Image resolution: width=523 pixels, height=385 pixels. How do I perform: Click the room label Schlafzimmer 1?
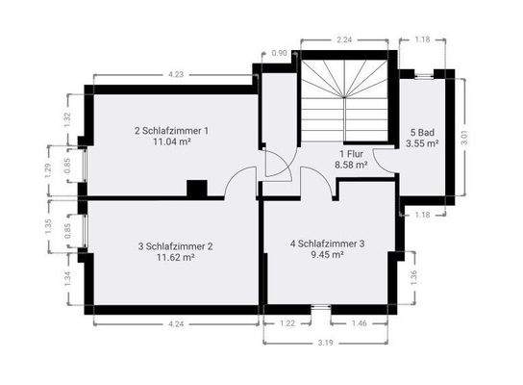(172, 130)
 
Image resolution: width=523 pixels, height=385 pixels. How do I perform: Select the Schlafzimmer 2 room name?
(175, 246)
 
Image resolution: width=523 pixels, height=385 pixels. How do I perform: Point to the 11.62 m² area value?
(175, 258)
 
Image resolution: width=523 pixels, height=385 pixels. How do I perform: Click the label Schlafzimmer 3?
(328, 244)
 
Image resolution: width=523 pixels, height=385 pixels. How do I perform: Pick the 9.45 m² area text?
(328, 256)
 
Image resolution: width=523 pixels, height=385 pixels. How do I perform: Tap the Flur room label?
(351, 154)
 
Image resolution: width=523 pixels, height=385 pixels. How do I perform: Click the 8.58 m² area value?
(351, 166)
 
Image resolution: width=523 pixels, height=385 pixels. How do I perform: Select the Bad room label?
(424, 132)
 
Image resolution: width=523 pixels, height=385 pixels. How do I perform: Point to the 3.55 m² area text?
(424, 143)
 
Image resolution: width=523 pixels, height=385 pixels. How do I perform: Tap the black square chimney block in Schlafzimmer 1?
(197, 189)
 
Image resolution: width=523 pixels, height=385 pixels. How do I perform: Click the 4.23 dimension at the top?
(176, 74)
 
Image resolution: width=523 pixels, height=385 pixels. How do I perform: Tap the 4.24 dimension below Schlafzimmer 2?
(176, 324)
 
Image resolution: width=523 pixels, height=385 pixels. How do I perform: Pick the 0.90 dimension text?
(280, 53)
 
